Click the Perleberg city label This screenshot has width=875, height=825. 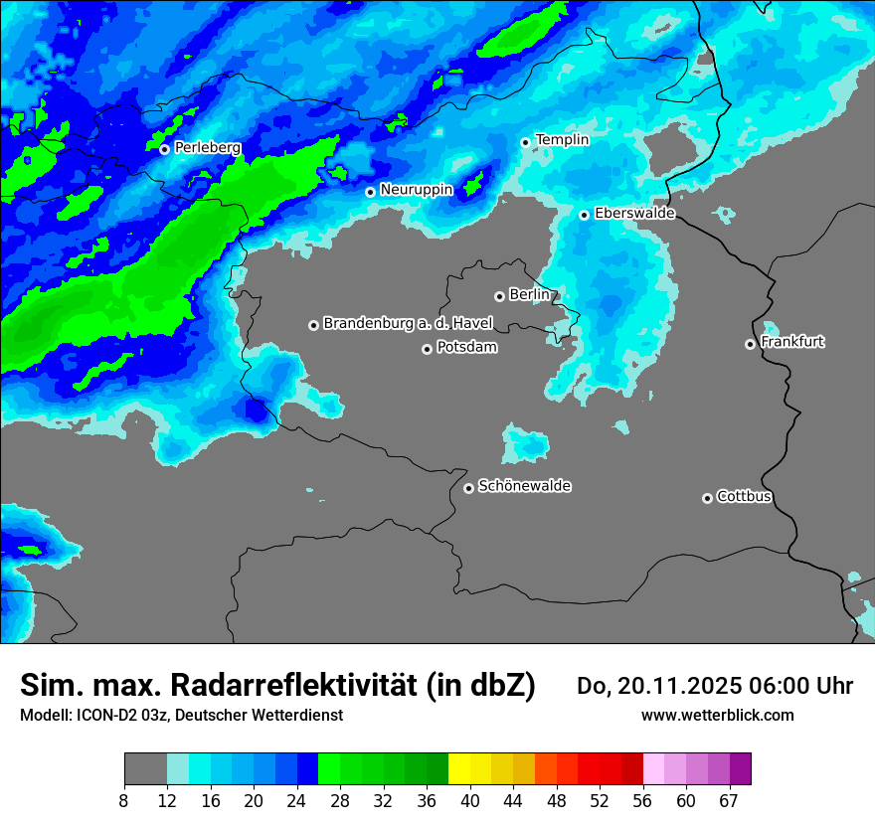tap(207, 148)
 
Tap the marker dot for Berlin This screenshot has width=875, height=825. tap(499, 296)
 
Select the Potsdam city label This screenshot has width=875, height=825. tap(466, 348)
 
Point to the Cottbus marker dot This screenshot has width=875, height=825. tap(707, 498)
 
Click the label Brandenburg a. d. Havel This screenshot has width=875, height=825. tap(407, 324)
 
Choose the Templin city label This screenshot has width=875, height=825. tap(562, 140)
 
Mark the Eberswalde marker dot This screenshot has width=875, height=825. tap(584, 215)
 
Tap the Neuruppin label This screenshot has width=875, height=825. tap(416, 190)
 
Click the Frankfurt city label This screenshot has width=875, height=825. tap(791, 342)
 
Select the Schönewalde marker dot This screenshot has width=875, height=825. tap(468, 488)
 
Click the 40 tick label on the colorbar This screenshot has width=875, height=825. tap(470, 800)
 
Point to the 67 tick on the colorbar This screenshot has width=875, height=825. tap(729, 800)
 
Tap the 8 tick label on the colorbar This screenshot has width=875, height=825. tap(124, 800)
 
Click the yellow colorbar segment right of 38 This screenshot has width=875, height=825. tap(459, 769)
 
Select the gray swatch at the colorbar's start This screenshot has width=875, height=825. tap(145, 769)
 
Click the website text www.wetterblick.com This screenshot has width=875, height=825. tap(717, 716)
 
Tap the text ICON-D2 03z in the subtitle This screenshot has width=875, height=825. tap(121, 716)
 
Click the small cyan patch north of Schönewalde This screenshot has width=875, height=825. tap(525, 441)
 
